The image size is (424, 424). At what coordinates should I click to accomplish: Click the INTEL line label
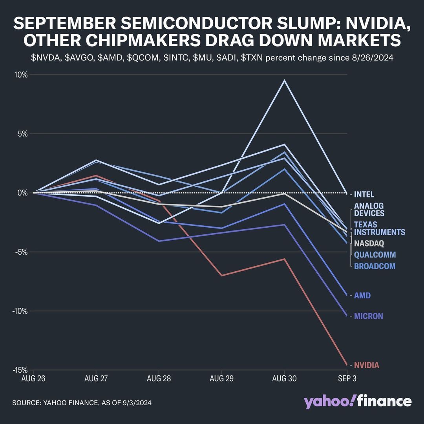[364, 194]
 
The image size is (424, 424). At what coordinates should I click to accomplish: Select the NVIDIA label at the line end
[366, 365]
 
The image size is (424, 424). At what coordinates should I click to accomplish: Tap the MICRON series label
[368, 316]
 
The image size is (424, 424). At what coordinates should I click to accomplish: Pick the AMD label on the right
[362, 295]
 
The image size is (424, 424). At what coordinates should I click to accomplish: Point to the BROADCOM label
[375, 266]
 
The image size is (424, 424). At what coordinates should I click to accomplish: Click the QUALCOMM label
[375, 254]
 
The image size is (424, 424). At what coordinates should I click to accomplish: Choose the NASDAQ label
[369, 243]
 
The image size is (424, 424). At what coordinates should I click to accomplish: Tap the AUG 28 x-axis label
[159, 378]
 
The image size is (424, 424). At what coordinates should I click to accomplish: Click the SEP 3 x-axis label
[347, 378]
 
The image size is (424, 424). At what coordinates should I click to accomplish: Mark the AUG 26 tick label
[33, 378]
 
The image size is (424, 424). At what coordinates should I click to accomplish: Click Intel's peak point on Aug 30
[284, 80]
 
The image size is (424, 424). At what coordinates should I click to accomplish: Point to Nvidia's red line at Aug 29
[222, 276]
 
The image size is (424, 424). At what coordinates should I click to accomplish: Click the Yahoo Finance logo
[357, 402]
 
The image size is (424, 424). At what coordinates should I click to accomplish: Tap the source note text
[82, 403]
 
